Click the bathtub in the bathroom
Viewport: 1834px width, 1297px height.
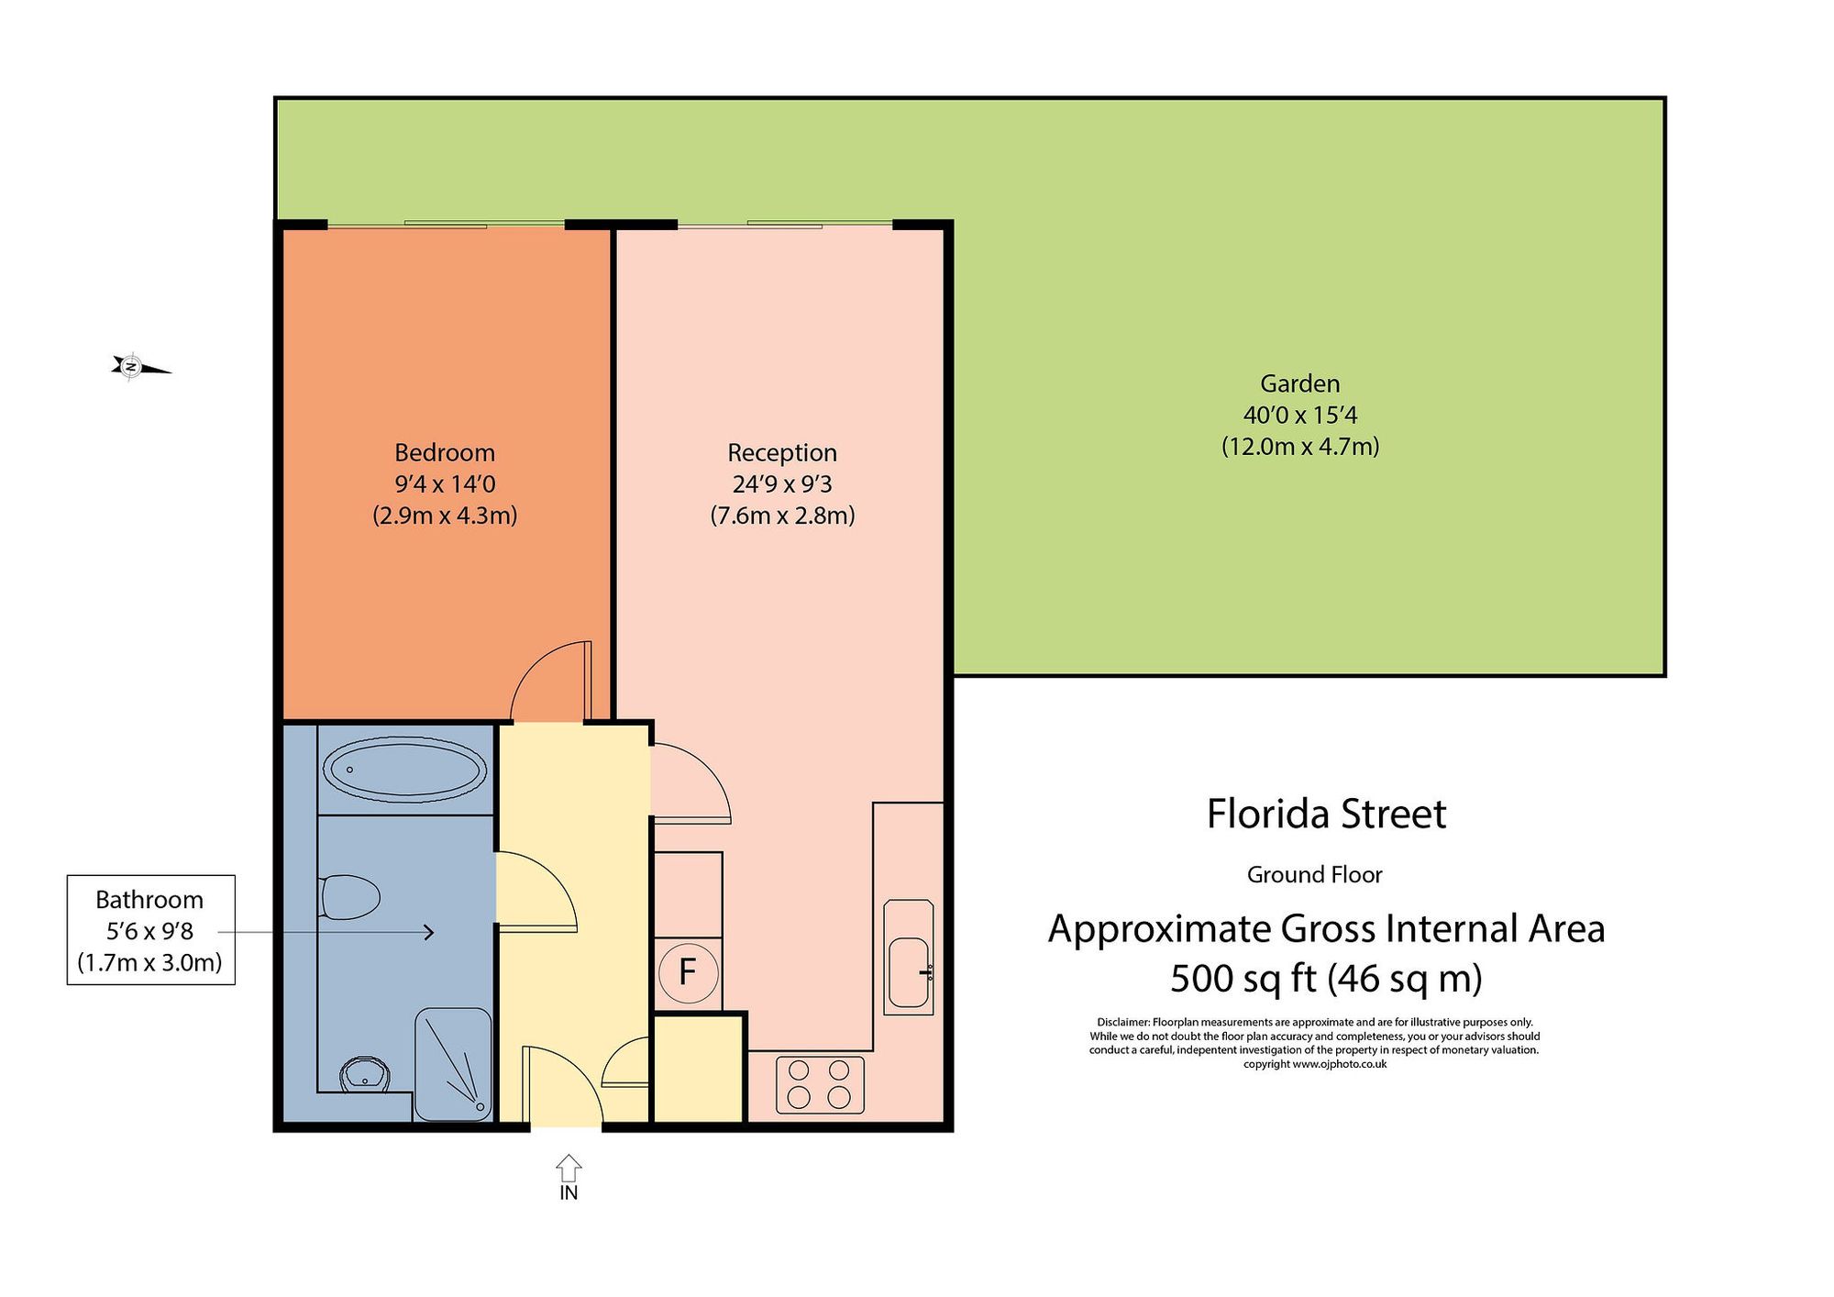click(405, 769)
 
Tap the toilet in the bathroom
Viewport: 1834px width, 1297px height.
click(350, 897)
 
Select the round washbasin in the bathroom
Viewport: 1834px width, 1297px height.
click(365, 1072)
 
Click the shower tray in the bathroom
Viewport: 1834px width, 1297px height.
click(453, 1065)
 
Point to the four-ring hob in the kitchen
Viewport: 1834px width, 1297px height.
click(820, 1084)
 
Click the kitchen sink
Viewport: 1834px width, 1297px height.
click(909, 971)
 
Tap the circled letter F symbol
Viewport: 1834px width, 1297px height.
click(687, 971)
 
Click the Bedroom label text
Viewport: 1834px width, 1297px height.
click(445, 452)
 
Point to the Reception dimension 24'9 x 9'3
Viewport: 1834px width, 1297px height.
click(781, 483)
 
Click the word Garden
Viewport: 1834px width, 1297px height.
click(1299, 383)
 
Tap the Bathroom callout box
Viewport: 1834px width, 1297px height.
click(150, 929)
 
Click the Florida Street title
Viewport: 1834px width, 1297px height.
click(1326, 814)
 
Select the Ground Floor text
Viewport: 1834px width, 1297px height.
click(1314, 875)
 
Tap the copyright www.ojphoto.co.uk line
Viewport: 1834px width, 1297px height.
click(1314, 1064)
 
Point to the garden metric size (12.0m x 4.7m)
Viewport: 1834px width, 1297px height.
click(1299, 447)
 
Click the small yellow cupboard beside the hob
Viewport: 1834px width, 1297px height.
click(697, 1068)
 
